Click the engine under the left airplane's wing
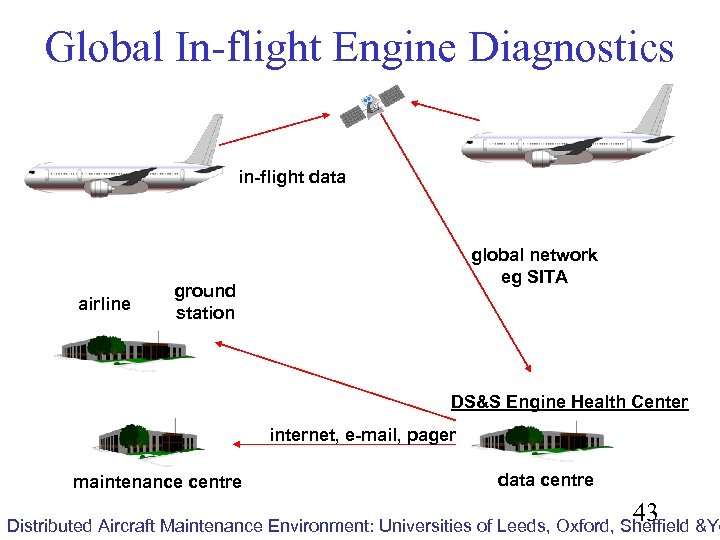[100, 187]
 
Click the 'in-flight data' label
[292, 178]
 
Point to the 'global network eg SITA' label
[534, 266]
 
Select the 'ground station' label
[205, 302]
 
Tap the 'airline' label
[104, 304]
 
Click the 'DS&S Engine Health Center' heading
[569, 402]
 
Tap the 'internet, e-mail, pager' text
[363, 435]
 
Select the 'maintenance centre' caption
[157, 482]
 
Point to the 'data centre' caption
[545, 480]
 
